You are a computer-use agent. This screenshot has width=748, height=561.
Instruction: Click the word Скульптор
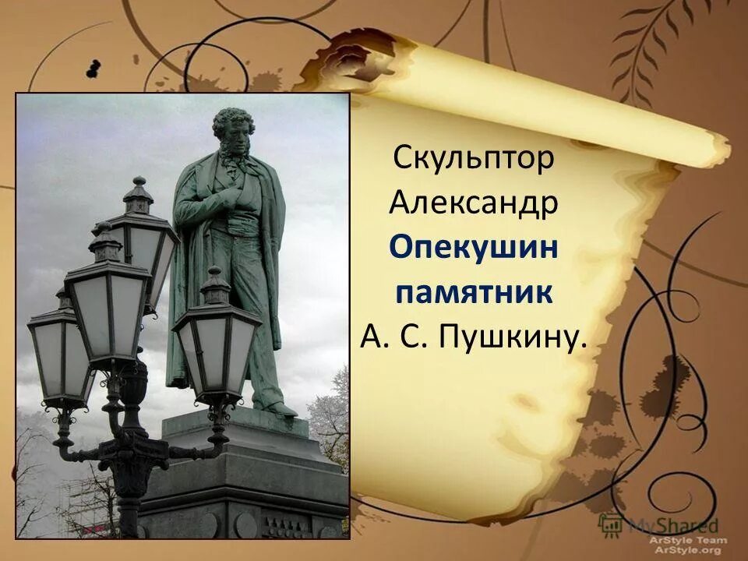[x=474, y=158]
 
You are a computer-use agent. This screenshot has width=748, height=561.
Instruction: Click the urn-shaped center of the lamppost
[x=132, y=382]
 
